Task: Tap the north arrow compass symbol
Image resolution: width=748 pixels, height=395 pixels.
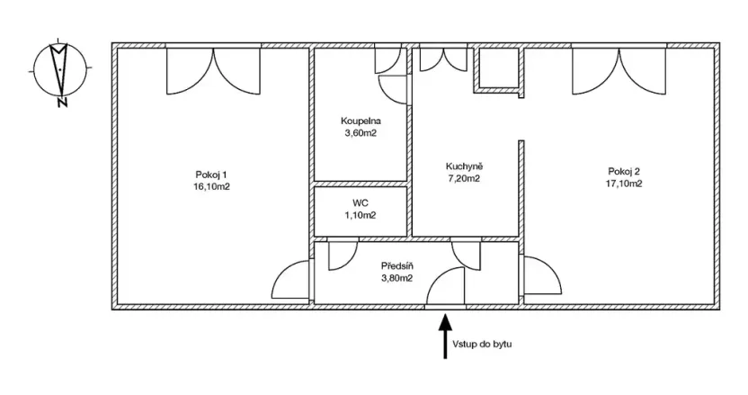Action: point(59,67)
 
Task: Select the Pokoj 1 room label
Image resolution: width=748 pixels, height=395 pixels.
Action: point(211,174)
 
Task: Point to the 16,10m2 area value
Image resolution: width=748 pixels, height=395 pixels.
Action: point(211,186)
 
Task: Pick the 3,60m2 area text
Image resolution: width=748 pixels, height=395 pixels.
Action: point(361,133)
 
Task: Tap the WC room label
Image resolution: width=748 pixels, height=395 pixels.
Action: point(361,203)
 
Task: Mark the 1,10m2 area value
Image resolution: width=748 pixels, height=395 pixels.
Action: point(361,215)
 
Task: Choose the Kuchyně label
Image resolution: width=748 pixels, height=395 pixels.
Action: point(465,166)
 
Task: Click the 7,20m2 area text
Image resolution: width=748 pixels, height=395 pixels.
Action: point(464,178)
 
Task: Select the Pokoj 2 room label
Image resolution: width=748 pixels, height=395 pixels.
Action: point(624,171)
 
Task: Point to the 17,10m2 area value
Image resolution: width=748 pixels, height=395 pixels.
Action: point(624,184)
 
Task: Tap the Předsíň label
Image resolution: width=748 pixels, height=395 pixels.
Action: point(396,266)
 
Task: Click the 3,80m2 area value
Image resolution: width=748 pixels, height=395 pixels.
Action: point(396,279)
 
